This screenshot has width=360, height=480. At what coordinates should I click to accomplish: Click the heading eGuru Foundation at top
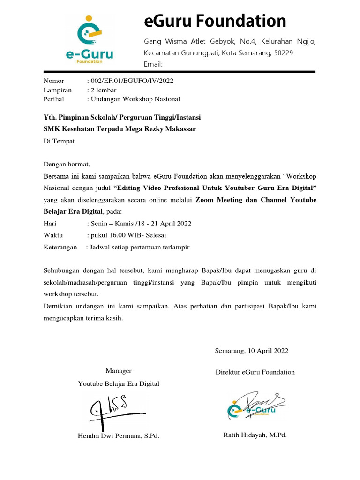(x=215, y=21)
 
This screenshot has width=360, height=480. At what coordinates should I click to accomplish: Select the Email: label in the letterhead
(x=153, y=64)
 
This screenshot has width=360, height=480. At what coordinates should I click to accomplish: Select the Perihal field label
(x=54, y=99)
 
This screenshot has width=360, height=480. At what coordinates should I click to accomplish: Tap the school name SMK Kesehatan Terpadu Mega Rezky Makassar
(x=120, y=129)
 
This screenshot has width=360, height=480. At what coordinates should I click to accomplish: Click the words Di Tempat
(x=59, y=140)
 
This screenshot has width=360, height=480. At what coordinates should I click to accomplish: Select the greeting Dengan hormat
(x=66, y=164)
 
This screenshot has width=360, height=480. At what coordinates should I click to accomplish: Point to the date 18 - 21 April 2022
(x=161, y=223)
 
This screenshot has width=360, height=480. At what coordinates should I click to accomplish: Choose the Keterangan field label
(x=60, y=247)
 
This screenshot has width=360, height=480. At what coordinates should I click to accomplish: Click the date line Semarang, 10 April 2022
(x=252, y=351)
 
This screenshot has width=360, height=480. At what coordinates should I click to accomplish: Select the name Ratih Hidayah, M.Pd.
(x=255, y=435)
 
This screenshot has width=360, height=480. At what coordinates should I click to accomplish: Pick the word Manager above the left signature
(x=119, y=371)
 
